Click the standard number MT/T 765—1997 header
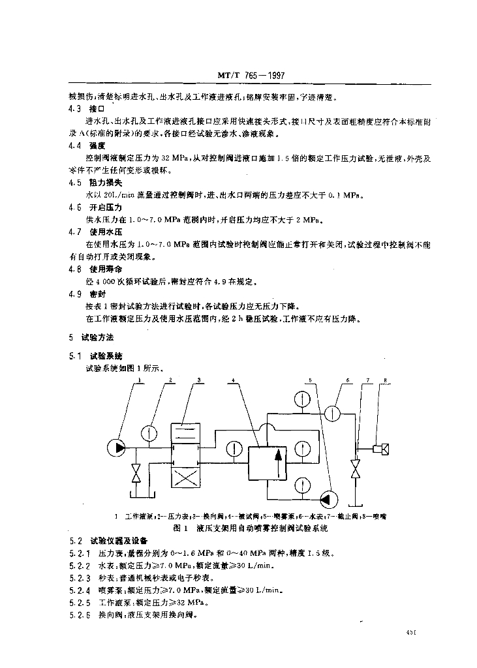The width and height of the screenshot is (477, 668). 249,76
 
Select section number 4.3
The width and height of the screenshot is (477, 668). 75,108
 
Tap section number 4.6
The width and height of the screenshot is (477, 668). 75,207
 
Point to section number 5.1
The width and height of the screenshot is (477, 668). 74,356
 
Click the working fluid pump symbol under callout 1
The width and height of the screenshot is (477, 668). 117,447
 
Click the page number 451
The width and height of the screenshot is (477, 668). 411,632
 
